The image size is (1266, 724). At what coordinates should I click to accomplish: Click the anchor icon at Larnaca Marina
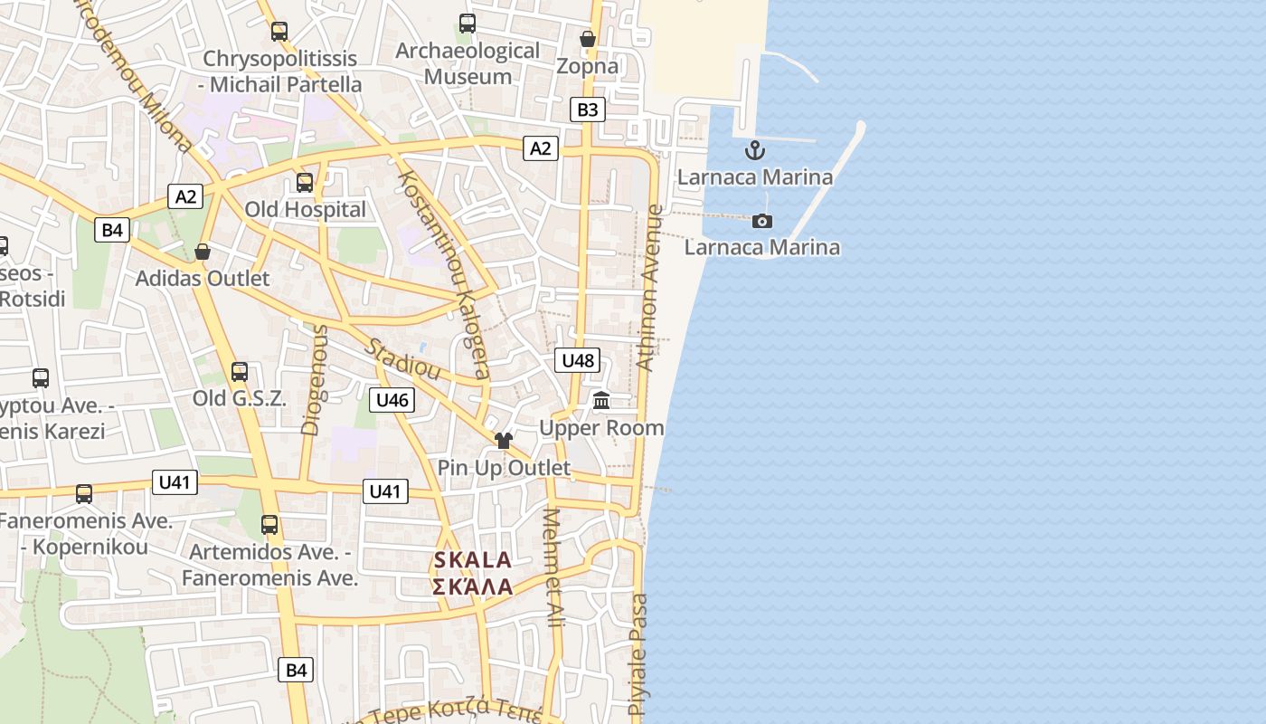[x=754, y=150]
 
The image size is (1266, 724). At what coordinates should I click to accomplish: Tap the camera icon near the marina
[x=762, y=221]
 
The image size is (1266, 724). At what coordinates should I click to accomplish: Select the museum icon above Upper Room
[x=601, y=400]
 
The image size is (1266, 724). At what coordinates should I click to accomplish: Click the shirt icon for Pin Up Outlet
[x=504, y=441]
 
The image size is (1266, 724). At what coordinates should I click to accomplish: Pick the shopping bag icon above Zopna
[x=588, y=39]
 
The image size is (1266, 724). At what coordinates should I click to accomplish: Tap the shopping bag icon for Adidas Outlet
[x=203, y=252]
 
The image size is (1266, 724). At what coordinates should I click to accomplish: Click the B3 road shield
[x=588, y=110]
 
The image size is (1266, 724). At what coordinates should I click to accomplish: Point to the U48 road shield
[x=578, y=360]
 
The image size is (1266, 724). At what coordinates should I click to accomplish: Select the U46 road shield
[x=392, y=399]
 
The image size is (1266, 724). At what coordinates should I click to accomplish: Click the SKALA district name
[x=473, y=560]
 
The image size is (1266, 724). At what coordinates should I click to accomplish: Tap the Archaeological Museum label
[x=468, y=63]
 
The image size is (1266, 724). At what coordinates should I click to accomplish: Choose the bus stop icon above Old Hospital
[x=305, y=183]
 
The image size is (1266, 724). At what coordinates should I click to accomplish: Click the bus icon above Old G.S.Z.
[x=240, y=372]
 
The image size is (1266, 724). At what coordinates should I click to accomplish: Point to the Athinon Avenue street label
[x=649, y=288]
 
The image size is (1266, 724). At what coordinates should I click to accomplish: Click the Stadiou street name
[x=403, y=359]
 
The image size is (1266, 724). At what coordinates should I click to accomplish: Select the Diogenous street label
[x=314, y=380]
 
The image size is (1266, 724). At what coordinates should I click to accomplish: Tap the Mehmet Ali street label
[x=553, y=568]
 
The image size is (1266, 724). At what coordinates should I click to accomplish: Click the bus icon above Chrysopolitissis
[x=279, y=32]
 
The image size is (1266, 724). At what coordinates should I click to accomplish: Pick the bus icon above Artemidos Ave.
[x=269, y=525]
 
